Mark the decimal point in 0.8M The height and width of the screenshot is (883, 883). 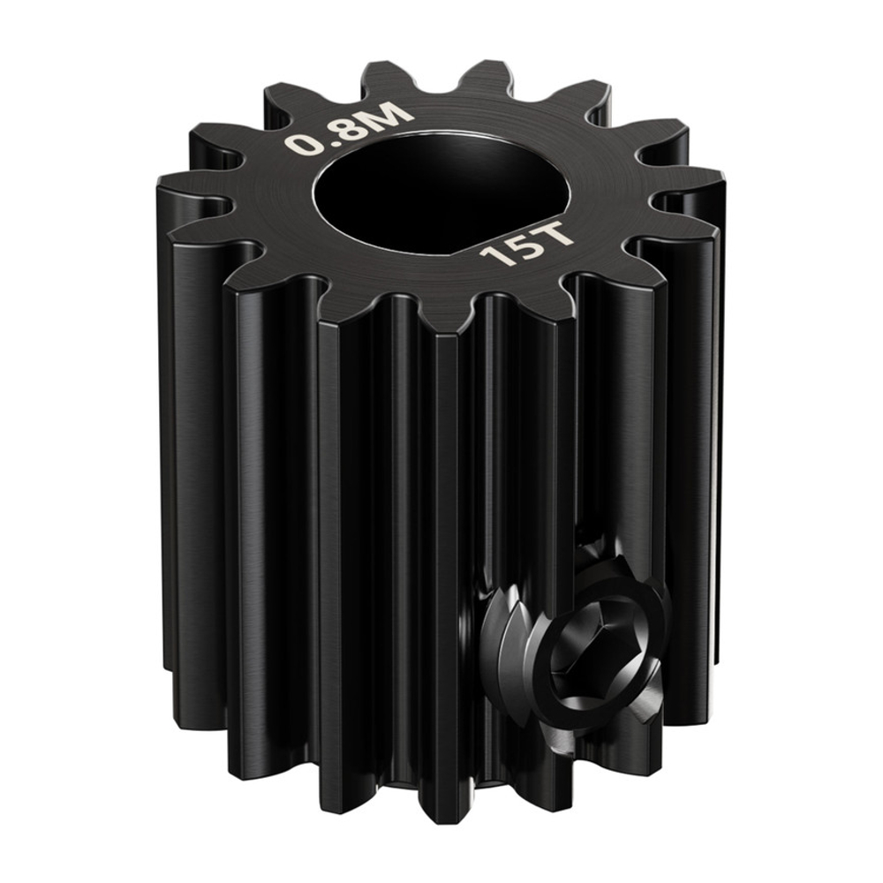point(313,147)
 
